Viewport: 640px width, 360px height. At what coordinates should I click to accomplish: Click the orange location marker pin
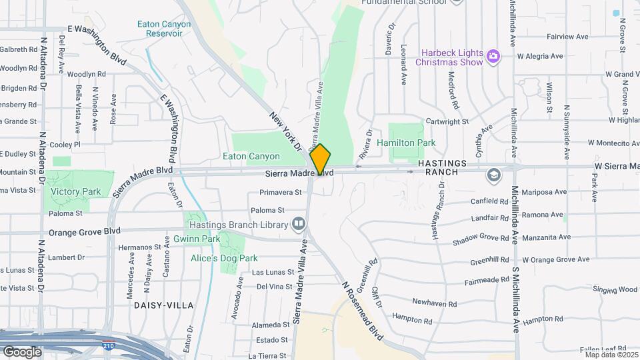321,159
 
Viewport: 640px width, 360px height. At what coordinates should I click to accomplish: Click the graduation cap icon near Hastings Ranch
493,175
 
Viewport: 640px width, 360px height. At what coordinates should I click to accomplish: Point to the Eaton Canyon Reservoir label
164,29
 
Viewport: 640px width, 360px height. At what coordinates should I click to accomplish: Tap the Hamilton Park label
406,143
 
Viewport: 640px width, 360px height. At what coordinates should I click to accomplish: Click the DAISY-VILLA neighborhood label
163,305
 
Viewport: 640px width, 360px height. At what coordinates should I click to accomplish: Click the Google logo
22,351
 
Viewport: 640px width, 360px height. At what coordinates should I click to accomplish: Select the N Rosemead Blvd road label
363,311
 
